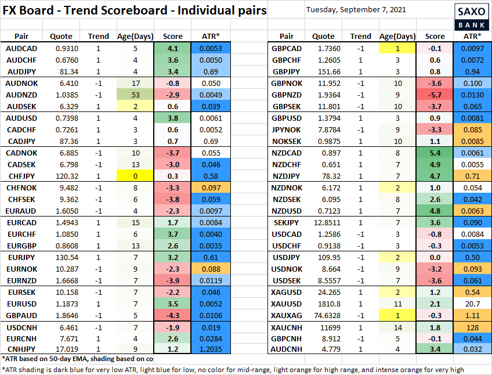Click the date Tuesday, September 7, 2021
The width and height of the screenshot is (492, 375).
(356, 9)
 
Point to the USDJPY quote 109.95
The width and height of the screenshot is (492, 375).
(323, 256)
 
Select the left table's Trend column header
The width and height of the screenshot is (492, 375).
(98, 36)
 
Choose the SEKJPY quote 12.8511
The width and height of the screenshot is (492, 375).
(323, 223)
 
